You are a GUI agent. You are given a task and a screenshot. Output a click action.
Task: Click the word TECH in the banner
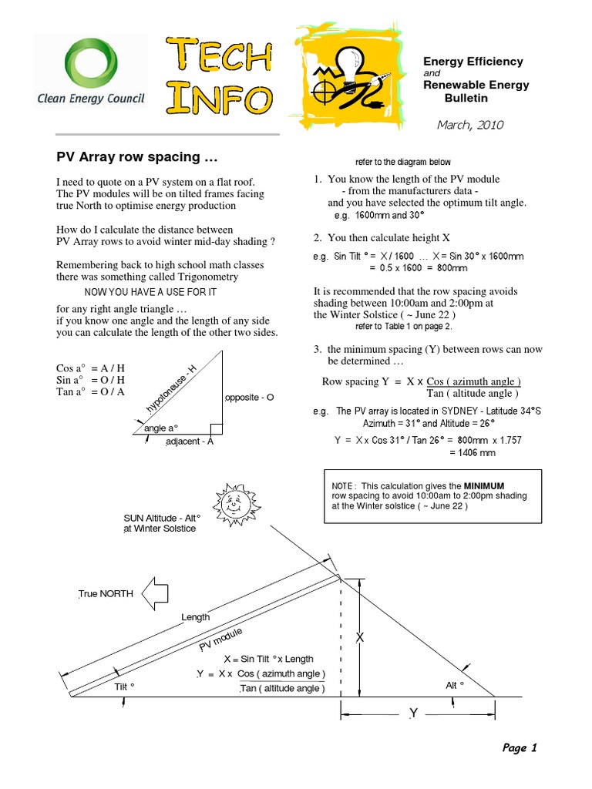220,55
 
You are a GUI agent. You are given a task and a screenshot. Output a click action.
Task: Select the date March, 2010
470,125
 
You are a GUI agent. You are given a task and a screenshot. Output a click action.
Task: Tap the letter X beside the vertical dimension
358,638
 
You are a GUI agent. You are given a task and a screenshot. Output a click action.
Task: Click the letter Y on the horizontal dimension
413,713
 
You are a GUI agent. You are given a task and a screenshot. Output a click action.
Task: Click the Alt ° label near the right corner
455,685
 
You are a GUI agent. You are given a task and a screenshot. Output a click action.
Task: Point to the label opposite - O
249,398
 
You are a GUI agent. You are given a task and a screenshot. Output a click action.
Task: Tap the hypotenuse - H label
172,389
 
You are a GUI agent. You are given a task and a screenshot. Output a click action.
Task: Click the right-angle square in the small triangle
217,428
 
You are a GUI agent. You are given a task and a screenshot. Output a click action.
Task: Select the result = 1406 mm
472,453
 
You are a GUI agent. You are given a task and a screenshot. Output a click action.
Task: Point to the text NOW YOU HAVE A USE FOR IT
150,292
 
